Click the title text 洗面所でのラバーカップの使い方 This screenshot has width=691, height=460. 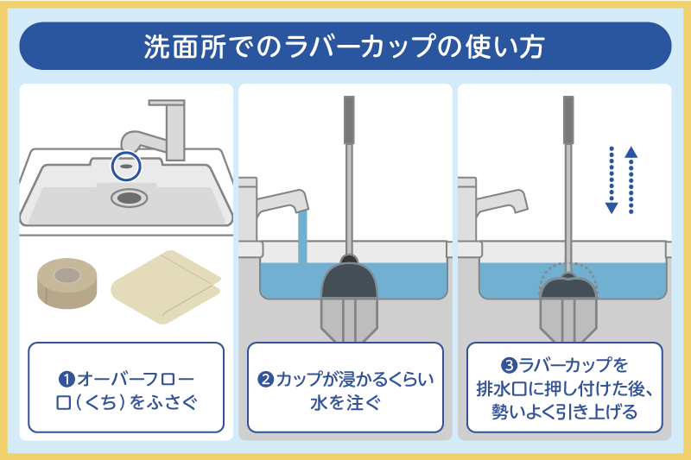click(x=345, y=46)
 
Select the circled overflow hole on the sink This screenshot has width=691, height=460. click(x=126, y=162)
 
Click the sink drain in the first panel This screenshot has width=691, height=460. click(x=127, y=197)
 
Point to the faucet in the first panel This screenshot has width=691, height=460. click(x=168, y=129)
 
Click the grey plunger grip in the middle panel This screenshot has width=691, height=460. click(x=348, y=121)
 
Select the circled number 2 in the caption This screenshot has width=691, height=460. click(x=268, y=379)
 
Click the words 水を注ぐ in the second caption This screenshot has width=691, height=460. click(x=345, y=403)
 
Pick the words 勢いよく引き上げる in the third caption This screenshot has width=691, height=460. click(x=565, y=411)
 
